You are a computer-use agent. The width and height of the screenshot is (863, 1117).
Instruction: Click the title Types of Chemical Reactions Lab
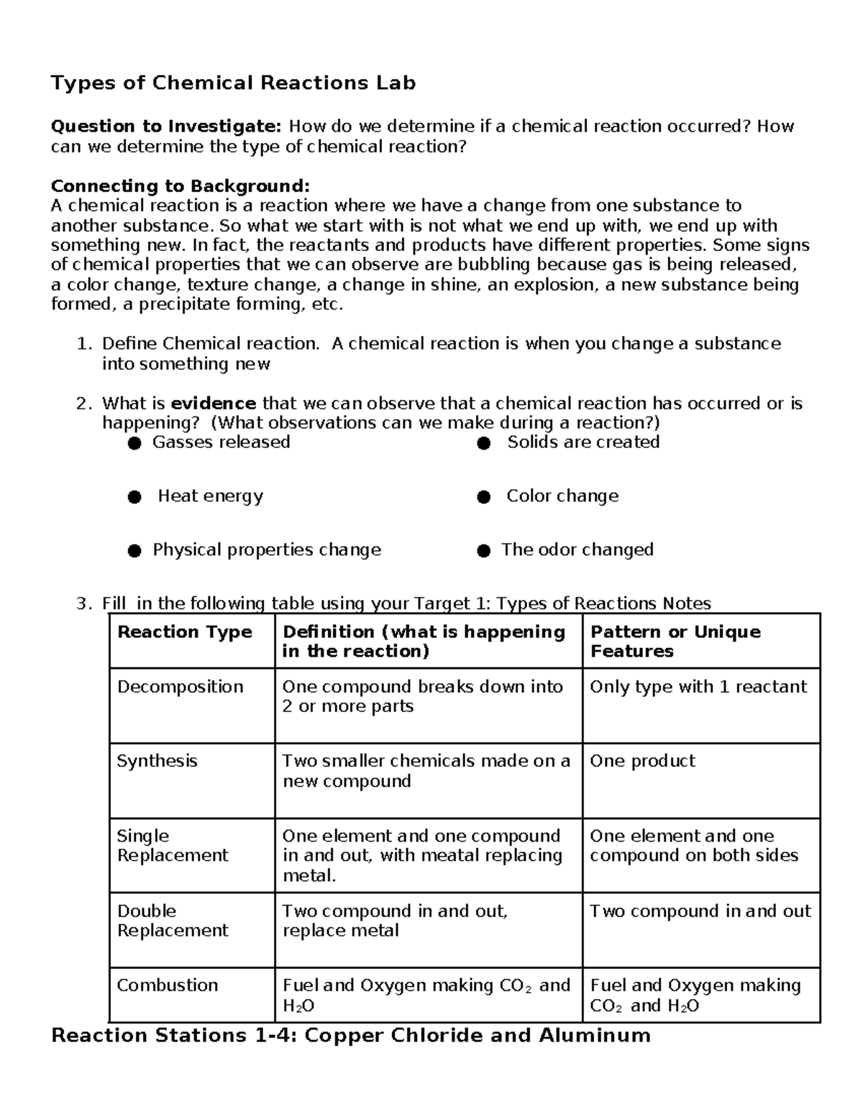pyautogui.click(x=233, y=83)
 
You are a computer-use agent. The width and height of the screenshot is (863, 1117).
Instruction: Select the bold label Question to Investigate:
pyautogui.click(x=166, y=127)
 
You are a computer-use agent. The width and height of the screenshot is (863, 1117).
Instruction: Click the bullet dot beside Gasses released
pyautogui.click(x=134, y=444)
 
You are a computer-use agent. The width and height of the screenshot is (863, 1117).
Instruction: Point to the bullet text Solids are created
pyautogui.click(x=583, y=442)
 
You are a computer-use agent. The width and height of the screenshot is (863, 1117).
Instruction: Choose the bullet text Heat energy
pyautogui.click(x=210, y=496)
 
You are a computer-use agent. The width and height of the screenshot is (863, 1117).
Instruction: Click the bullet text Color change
pyautogui.click(x=562, y=496)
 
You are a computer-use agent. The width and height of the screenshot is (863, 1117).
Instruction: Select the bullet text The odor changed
pyautogui.click(x=577, y=550)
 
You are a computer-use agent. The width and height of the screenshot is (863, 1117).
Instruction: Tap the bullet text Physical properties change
pyautogui.click(x=267, y=550)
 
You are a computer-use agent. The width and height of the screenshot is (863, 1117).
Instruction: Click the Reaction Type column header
pyautogui.click(x=185, y=632)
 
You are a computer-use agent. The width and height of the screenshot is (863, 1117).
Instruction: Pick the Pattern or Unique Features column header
pyautogui.click(x=675, y=642)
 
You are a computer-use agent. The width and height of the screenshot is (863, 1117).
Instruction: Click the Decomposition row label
pyautogui.click(x=180, y=687)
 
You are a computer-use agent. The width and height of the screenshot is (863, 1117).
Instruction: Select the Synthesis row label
pyautogui.click(x=157, y=761)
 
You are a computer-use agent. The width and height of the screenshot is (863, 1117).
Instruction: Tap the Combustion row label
pyautogui.click(x=168, y=985)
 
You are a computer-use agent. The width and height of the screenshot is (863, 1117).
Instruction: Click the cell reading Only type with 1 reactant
pyautogui.click(x=698, y=687)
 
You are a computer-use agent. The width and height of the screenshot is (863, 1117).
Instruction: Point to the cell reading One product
pyautogui.click(x=642, y=761)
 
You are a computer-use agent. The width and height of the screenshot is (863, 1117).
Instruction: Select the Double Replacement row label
pyautogui.click(x=173, y=921)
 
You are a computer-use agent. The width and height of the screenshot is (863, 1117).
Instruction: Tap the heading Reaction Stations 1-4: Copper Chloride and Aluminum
pyautogui.click(x=351, y=1036)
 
